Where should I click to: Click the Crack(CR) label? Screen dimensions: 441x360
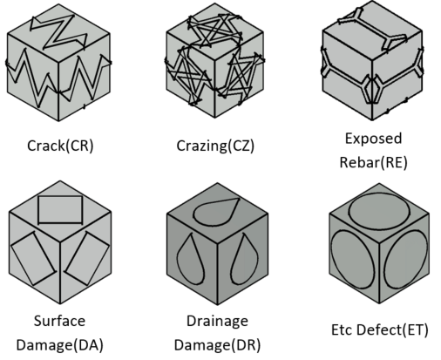point(60,146)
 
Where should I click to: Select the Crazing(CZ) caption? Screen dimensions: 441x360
point(215,146)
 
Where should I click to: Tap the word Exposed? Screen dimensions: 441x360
point(374,139)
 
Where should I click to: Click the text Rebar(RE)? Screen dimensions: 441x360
point(374,162)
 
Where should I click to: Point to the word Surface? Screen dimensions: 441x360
point(59,321)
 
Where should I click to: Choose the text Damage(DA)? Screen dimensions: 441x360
point(60,345)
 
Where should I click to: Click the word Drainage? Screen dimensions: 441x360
point(217,322)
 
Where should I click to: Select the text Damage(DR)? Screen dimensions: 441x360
point(217,345)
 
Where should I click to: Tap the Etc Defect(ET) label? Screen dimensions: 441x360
point(380,329)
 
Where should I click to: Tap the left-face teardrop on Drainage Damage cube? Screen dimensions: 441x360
point(178,255)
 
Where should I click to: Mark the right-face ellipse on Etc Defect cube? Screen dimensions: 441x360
point(427,255)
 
